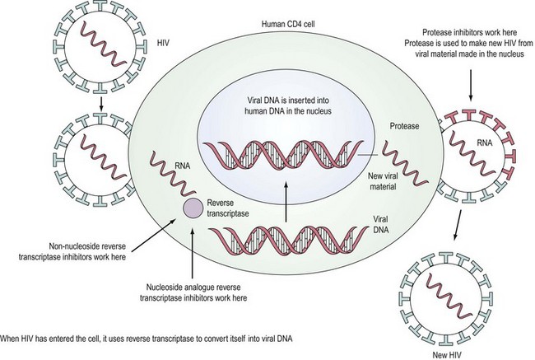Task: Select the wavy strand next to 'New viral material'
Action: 398,155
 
